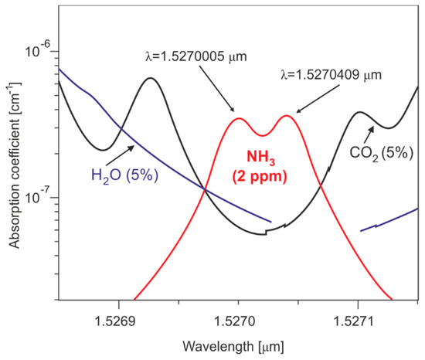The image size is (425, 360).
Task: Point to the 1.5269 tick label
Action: click(118, 317)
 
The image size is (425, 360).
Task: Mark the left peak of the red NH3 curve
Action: click(239, 118)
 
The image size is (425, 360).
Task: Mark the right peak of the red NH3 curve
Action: click(287, 116)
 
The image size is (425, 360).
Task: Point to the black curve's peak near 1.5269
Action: click(150, 78)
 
